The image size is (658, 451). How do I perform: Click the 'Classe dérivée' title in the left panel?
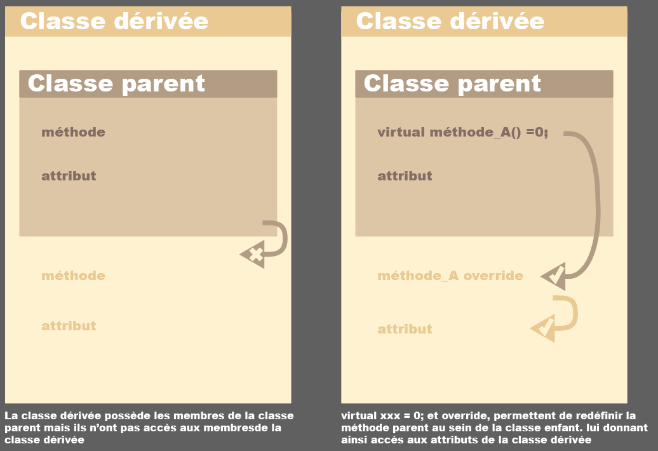pyautogui.click(x=114, y=21)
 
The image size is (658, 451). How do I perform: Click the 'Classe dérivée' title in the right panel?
pyautogui.click(x=450, y=21)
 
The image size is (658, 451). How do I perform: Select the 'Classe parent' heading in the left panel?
pyautogui.click(x=116, y=83)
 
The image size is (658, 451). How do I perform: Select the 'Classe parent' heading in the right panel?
pyautogui.click(x=452, y=83)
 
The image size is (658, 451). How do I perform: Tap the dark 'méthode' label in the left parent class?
pyautogui.click(x=73, y=132)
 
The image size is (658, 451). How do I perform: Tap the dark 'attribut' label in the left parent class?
pyautogui.click(x=69, y=176)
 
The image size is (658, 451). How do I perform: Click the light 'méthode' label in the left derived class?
pyautogui.click(x=73, y=276)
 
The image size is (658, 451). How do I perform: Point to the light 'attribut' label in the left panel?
pyautogui.click(x=69, y=326)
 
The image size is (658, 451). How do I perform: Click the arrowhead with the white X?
pyautogui.click(x=254, y=255)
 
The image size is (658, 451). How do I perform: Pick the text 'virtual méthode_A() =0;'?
pyautogui.click(x=462, y=132)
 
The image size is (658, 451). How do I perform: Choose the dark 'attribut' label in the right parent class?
pyautogui.click(x=405, y=176)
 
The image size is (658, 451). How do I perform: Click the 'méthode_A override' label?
pyautogui.click(x=450, y=276)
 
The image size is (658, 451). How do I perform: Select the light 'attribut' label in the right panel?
pyautogui.click(x=405, y=329)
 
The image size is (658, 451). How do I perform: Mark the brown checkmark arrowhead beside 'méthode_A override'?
pyautogui.click(x=554, y=276)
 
